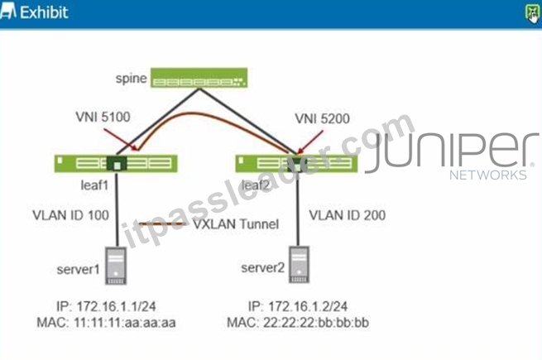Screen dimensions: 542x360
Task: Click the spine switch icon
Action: coord(199,78)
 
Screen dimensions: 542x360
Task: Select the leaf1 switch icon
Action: coord(116,163)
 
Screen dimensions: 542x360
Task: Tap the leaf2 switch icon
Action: coord(296,164)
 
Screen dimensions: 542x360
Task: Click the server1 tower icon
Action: coord(116,266)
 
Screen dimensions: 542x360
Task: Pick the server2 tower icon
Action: coord(299,265)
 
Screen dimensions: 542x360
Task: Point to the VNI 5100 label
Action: coord(103,117)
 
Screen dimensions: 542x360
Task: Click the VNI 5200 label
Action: coord(322,118)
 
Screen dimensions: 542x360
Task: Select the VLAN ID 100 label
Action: coord(71,215)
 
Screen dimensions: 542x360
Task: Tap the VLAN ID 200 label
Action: coord(348,215)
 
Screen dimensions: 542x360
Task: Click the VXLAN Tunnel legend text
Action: coord(236,224)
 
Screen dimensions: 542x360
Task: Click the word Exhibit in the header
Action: coord(44,12)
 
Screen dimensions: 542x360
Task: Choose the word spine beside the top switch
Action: coord(132,79)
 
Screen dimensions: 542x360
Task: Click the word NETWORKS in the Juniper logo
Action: coord(488,175)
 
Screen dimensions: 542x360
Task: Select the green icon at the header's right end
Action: coord(532,13)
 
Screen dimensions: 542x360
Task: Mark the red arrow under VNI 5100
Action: coord(122,140)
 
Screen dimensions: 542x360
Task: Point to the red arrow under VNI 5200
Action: coord(310,142)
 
